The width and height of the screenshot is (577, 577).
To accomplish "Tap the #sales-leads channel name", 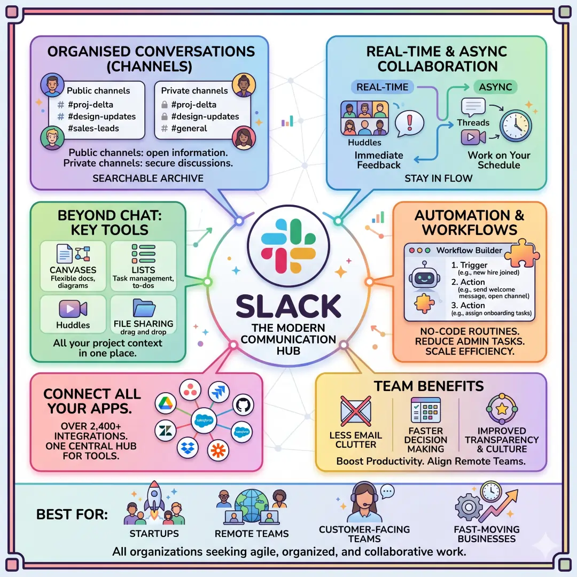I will [93, 128].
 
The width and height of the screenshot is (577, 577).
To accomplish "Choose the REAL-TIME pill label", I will [382, 87].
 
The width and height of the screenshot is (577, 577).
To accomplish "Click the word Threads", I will [473, 123].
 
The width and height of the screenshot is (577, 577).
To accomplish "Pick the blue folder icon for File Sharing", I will [144, 308].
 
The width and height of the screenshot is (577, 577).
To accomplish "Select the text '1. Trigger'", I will [470, 265].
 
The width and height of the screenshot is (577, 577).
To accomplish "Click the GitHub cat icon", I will [241, 404].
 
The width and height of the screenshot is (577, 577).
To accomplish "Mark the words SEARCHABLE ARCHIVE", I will [148, 178].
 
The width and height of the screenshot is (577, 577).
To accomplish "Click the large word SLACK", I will [288, 306].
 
